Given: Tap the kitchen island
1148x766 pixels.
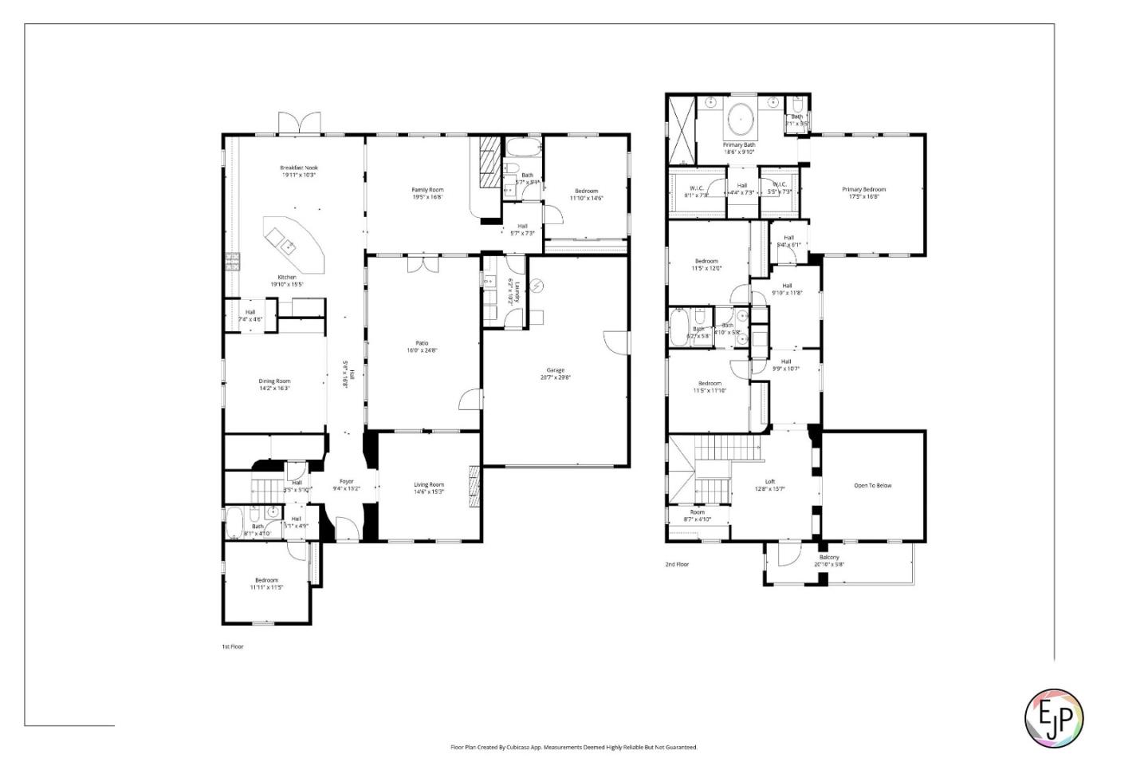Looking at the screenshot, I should [293, 243].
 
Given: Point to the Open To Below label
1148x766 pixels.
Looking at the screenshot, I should [873, 485].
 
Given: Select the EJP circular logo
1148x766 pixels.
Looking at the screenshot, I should [1053, 718].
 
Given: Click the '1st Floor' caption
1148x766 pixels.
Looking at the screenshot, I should [232, 646].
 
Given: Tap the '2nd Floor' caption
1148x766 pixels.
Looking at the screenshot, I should [677, 564].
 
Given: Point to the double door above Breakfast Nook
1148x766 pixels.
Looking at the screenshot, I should [300, 124].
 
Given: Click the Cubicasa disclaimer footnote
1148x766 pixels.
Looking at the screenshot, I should [574, 748].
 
